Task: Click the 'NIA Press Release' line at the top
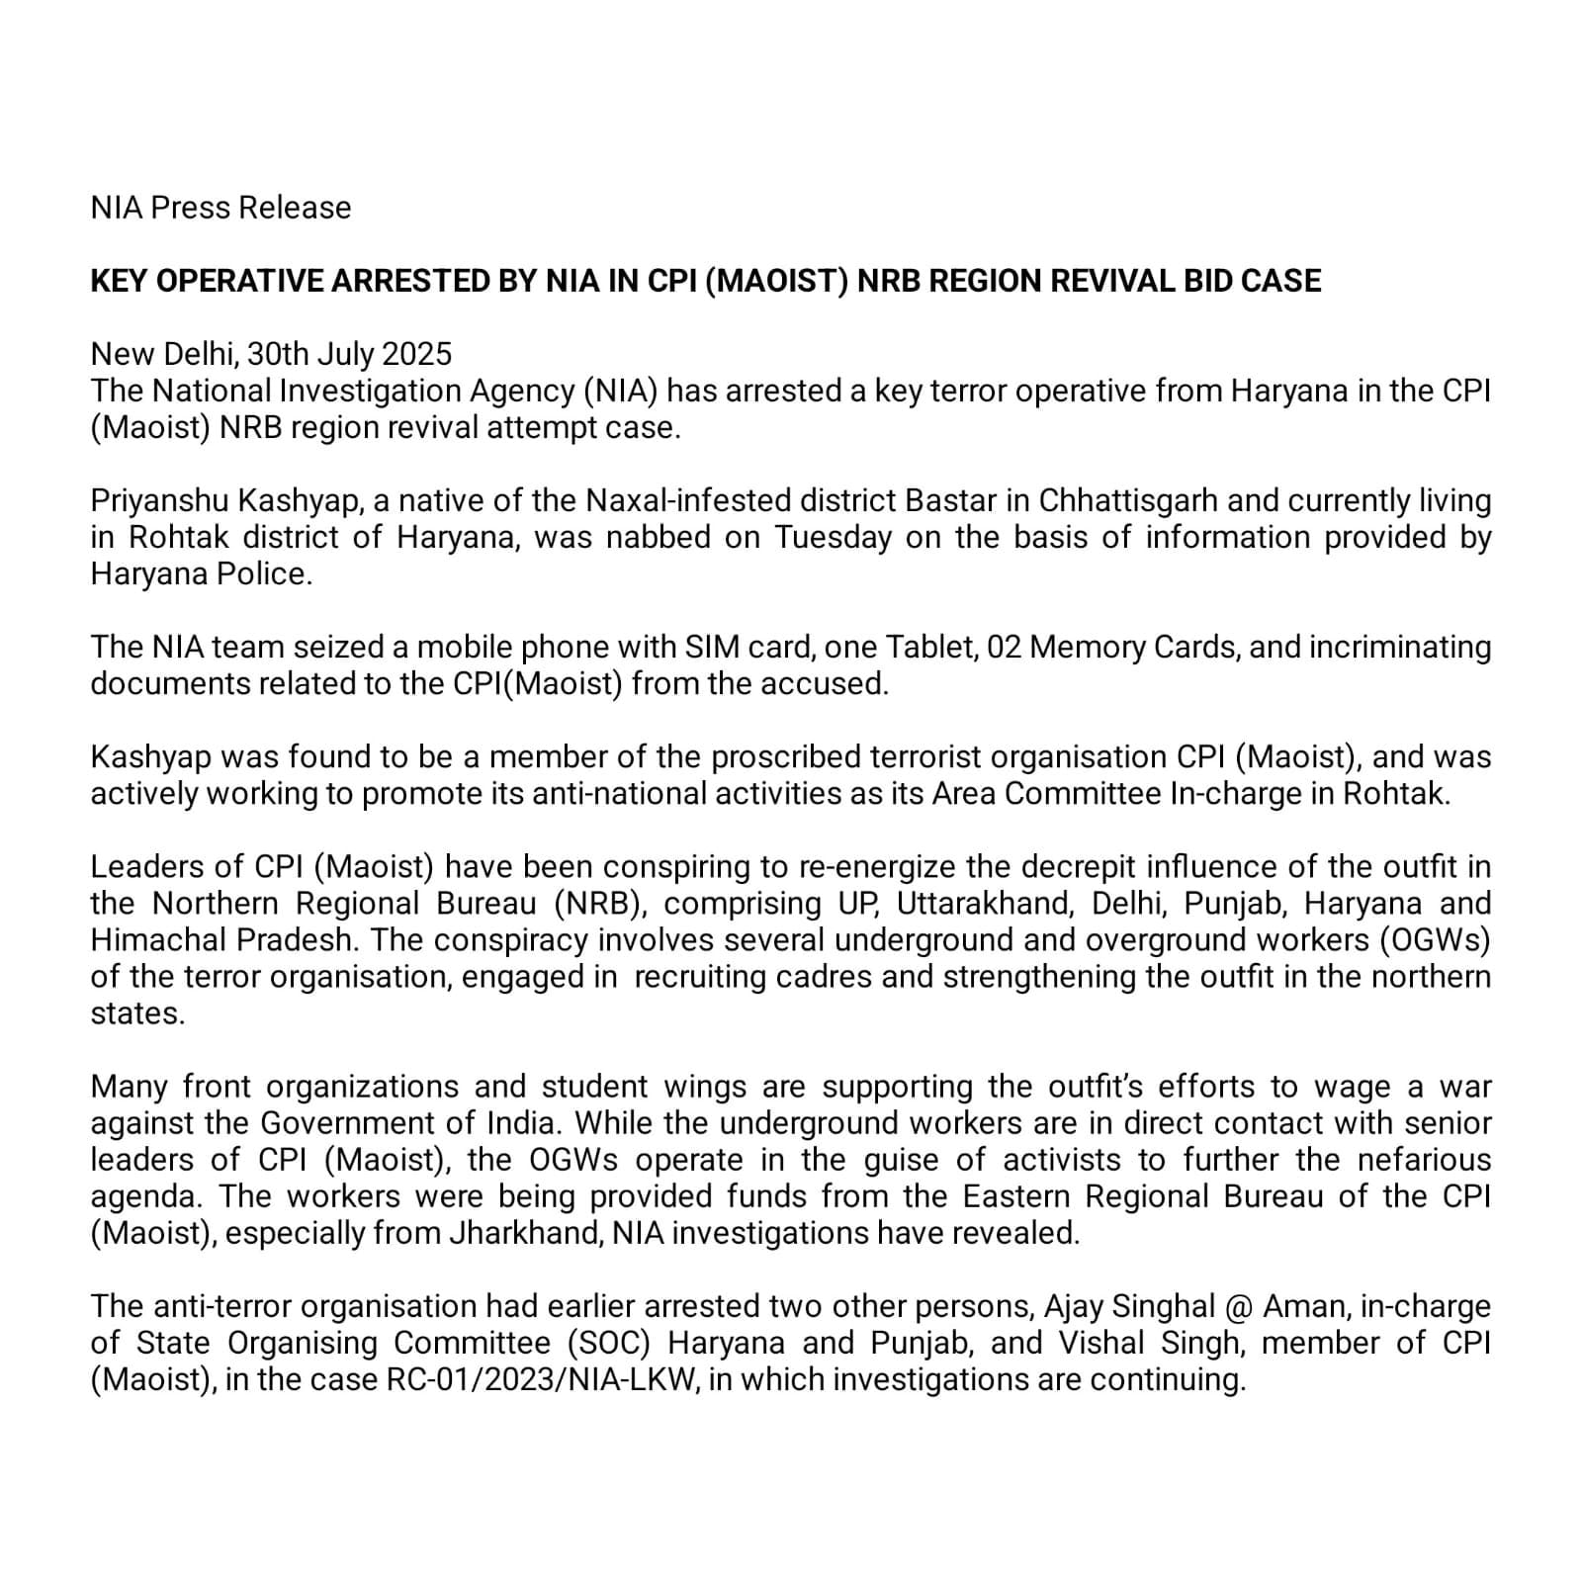point(220,208)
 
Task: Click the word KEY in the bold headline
point(120,281)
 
